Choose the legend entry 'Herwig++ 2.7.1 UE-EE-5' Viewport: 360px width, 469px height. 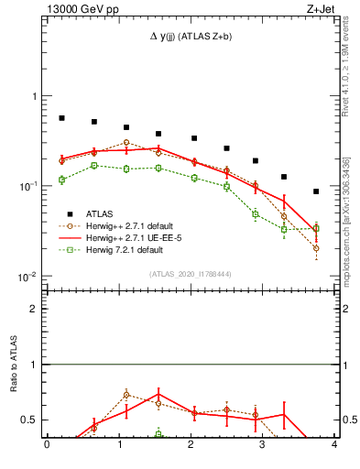pos(135,237)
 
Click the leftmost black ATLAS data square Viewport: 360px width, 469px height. pos(61,118)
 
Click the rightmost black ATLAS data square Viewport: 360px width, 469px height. pos(316,191)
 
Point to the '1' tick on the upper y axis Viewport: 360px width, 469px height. pos(37,96)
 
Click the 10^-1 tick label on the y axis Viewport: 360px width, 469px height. pos(32,186)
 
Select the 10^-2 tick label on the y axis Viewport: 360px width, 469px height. pos(32,277)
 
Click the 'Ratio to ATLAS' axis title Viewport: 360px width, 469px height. pos(14,364)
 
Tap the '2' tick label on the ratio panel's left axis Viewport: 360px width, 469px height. pos(37,309)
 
